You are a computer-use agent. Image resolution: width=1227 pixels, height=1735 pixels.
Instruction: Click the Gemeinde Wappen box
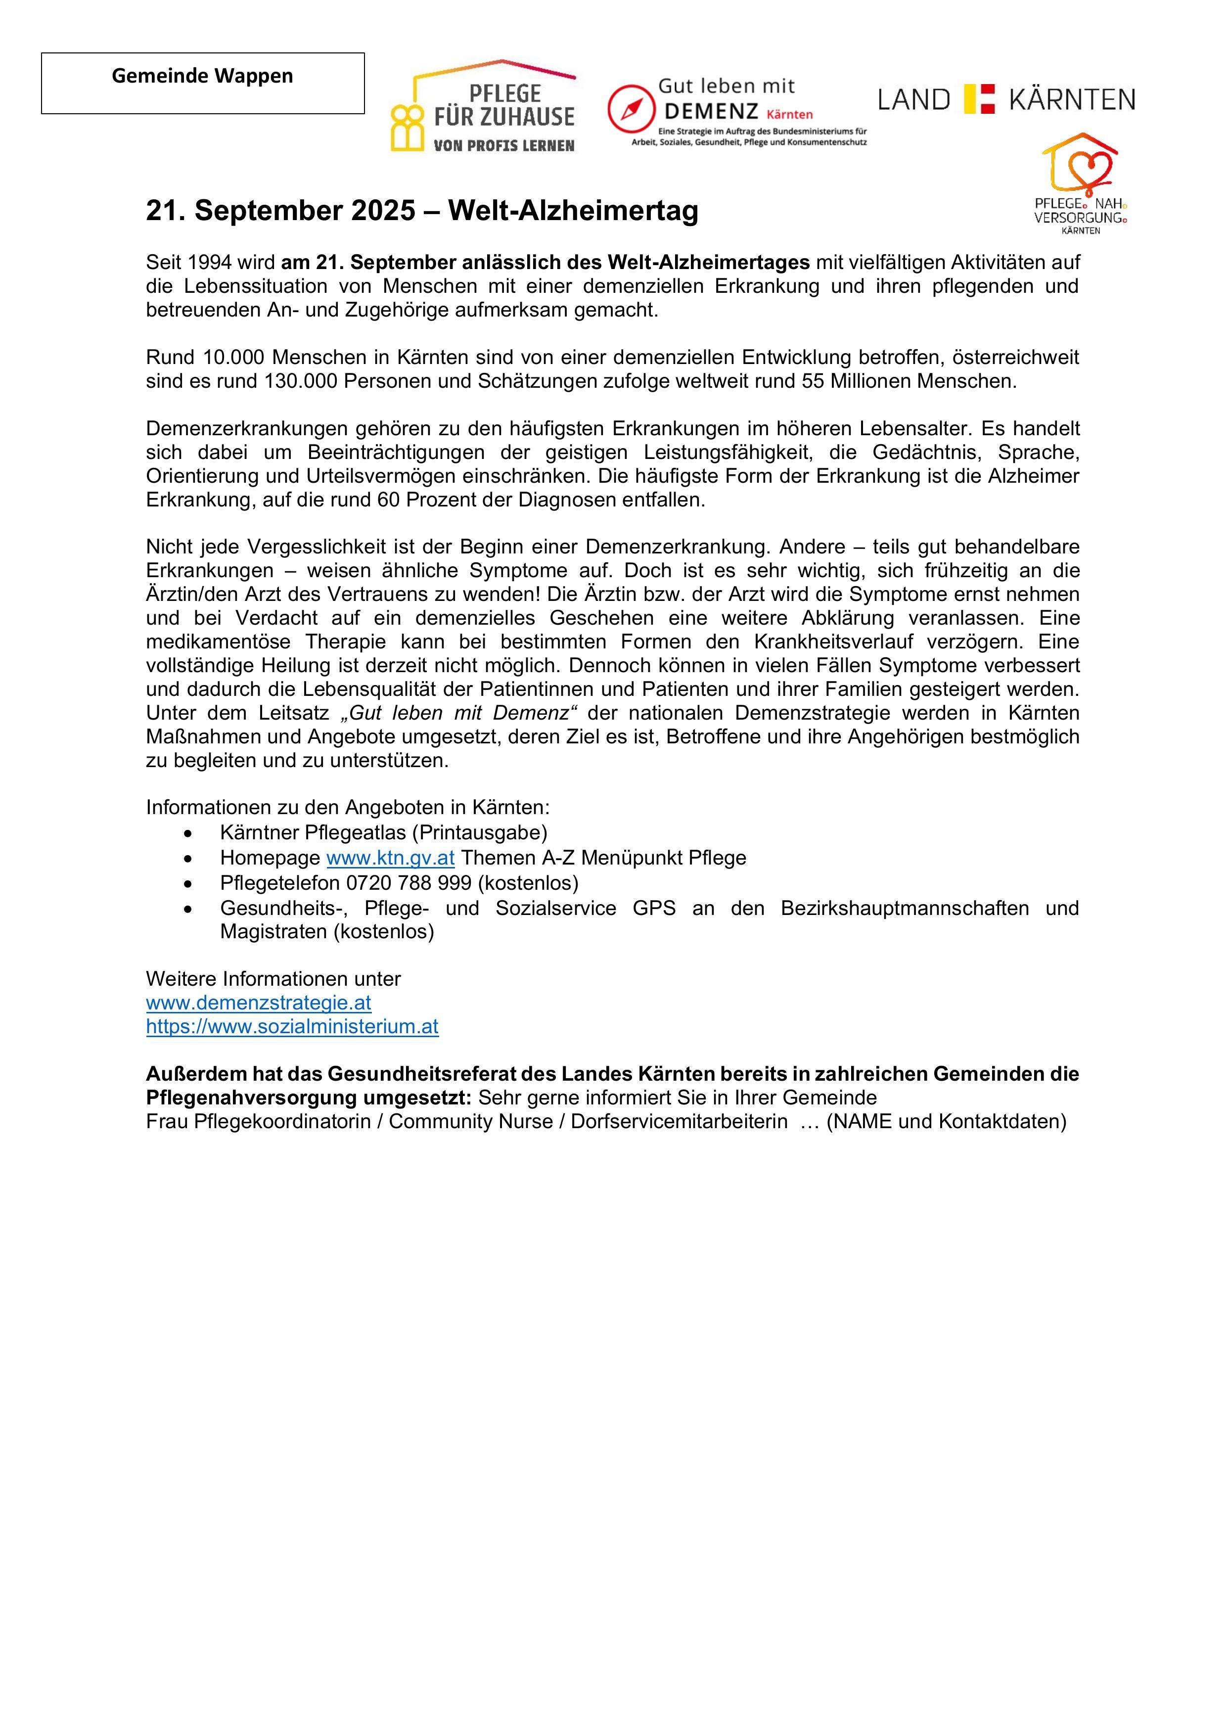(x=202, y=83)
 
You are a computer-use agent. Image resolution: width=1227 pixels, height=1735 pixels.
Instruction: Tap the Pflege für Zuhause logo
(x=484, y=107)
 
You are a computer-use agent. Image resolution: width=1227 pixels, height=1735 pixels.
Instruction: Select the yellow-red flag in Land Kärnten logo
(x=979, y=99)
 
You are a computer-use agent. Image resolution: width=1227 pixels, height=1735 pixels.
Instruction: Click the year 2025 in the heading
(x=383, y=211)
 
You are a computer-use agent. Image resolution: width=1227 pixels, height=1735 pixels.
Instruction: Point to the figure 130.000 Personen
(x=300, y=381)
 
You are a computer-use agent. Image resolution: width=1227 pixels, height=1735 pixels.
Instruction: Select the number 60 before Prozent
(x=388, y=500)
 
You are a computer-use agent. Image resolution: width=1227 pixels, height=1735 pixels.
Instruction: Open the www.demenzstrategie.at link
(x=258, y=1003)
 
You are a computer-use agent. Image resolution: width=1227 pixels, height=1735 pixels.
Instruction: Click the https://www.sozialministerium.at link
(x=292, y=1027)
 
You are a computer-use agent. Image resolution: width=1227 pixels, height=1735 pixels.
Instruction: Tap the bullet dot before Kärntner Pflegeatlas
(x=187, y=833)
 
